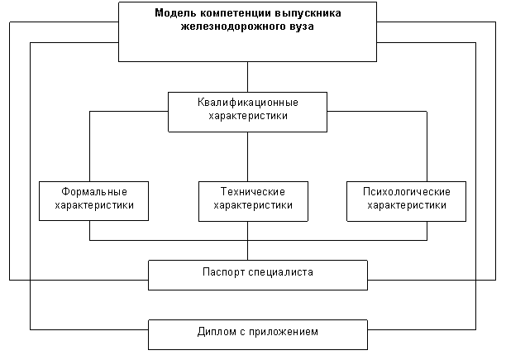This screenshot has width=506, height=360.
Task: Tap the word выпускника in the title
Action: pos(308,13)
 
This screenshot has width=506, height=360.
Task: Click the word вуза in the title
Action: pos(301,26)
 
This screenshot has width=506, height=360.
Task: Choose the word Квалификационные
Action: pos(248,103)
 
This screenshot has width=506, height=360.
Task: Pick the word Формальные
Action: pos(94,192)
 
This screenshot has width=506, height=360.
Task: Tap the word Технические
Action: pos(253,192)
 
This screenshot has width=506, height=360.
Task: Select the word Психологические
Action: pos(407,192)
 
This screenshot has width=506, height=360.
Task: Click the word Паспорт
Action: pos(223,272)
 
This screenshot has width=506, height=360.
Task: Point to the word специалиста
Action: pos(280,272)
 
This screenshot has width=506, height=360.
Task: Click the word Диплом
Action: pos(217,332)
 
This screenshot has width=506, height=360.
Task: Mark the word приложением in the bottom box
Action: pos(284,332)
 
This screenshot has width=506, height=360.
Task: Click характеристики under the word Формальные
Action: pos(94,205)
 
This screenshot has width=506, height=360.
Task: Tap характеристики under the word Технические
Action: pos(253,205)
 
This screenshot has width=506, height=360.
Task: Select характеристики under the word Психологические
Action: pos(407,205)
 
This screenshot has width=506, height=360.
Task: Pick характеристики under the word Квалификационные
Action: pos(248,116)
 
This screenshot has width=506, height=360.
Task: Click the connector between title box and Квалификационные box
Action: pos(248,77)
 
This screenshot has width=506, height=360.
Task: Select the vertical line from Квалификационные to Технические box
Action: pos(248,156)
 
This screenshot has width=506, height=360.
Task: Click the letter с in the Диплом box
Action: pos(242,333)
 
